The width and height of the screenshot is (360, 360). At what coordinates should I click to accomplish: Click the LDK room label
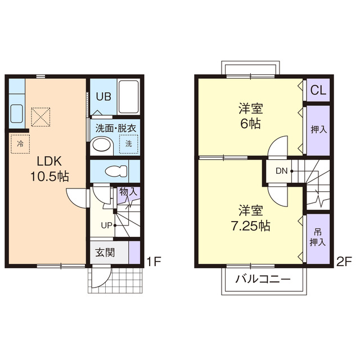pos(49,161)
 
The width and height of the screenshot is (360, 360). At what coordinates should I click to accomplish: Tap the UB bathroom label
pos(103,96)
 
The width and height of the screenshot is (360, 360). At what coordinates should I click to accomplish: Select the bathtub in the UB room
pos(129,97)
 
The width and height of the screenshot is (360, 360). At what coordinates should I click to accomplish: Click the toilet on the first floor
pos(116,171)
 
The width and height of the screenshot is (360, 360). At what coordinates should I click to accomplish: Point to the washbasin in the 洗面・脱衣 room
pos(102,146)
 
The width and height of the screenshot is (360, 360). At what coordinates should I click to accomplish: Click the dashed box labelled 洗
pos(129,144)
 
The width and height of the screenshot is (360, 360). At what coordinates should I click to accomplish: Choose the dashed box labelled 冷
pos(20,144)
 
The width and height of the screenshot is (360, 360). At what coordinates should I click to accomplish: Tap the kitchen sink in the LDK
pos(16,114)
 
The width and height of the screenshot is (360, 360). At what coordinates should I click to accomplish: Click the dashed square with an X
pos(40,117)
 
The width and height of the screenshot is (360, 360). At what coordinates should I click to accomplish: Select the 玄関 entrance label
pos(105,253)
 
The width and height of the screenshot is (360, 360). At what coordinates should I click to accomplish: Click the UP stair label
pos(106,226)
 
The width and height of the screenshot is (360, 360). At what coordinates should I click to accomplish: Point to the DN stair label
pos(281,171)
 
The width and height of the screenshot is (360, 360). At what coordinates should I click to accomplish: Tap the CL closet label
pos(318,90)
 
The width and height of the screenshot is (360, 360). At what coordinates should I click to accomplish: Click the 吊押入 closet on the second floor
pos(318,238)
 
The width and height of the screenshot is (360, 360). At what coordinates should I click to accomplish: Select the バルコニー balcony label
pos(263,279)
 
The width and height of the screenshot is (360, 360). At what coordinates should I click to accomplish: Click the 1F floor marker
pos(154,262)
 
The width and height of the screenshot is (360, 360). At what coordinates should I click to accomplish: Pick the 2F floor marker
pos(344,262)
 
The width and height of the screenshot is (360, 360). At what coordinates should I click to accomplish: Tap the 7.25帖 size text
pos(250,226)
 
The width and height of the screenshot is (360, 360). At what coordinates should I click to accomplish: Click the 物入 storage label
pos(128,191)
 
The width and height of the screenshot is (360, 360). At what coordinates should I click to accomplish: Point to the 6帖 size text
pos(250,124)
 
